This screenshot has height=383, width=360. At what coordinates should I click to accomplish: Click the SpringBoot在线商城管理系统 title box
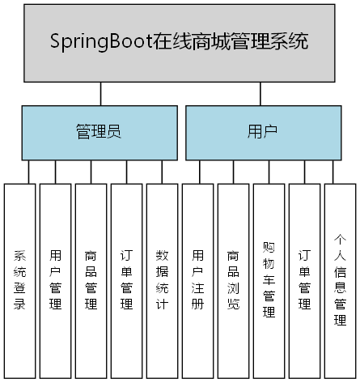click(179, 41)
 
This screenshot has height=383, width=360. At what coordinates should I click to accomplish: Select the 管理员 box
click(99, 130)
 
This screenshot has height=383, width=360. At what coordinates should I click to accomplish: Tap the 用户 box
click(260, 130)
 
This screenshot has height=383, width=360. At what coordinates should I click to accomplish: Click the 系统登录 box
click(20, 279)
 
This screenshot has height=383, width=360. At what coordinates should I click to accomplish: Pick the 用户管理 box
click(55, 279)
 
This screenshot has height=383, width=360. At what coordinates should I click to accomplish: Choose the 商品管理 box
click(91, 279)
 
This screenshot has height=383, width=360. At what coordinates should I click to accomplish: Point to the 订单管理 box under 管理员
click(126, 279)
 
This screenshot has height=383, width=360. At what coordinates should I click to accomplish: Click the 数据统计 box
click(162, 279)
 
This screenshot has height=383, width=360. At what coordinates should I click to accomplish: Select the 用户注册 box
click(197, 279)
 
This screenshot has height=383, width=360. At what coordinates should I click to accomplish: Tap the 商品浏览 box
click(233, 279)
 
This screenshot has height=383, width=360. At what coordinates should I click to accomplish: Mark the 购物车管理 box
click(269, 279)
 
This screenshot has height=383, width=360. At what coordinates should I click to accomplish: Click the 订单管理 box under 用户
click(304, 279)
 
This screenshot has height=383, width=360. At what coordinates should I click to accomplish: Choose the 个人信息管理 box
click(340, 279)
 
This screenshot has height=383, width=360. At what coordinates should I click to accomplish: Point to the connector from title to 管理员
click(100, 95)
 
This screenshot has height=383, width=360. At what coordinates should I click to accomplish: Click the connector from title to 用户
click(259, 95)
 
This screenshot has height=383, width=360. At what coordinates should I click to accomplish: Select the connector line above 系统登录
click(29, 172)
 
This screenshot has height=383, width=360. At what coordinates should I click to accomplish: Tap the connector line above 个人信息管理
click(332, 172)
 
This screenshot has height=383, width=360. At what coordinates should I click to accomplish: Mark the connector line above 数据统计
click(162, 172)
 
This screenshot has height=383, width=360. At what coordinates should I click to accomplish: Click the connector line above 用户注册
click(197, 172)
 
